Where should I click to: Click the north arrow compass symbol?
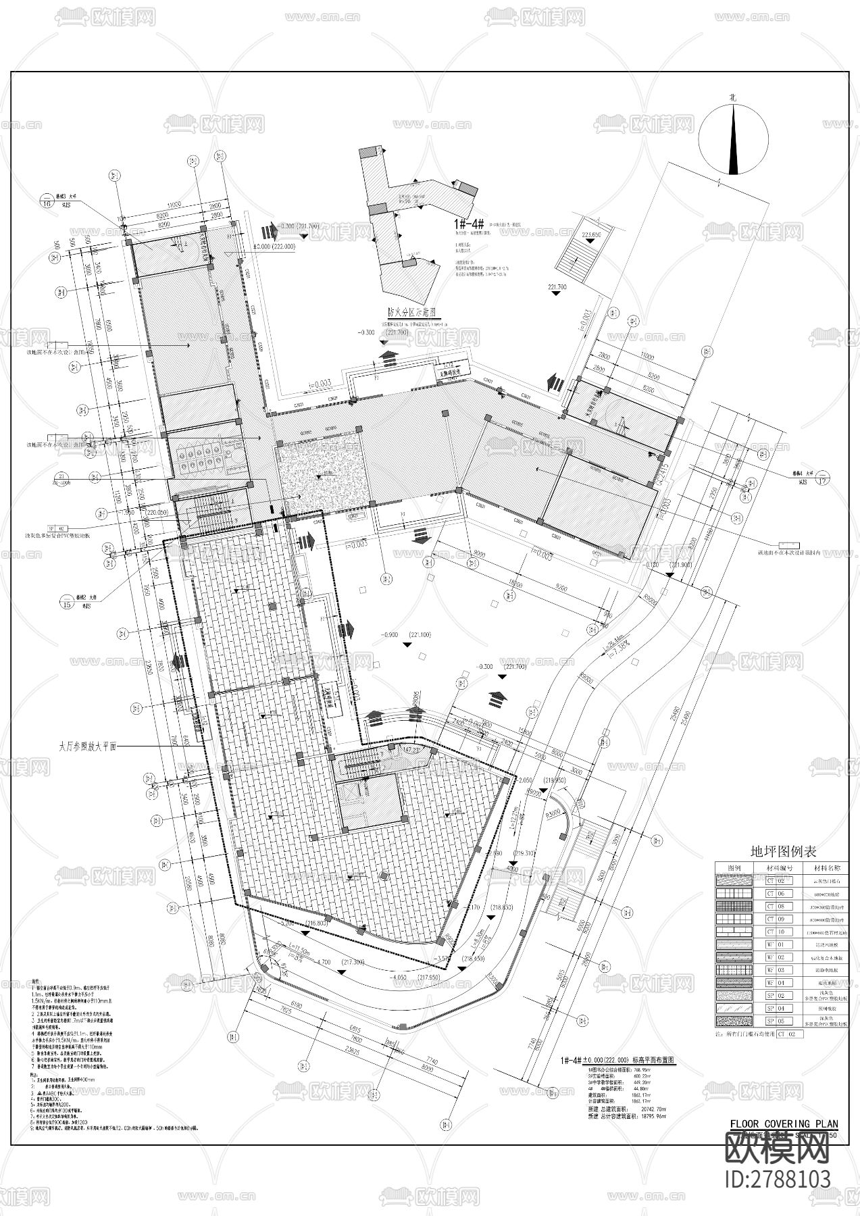pyautogui.click(x=734, y=142)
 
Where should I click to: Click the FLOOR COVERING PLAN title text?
pyautogui.click(x=784, y=1123)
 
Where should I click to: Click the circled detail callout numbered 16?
pyautogui.click(x=47, y=202)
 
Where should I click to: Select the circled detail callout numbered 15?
pyautogui.click(x=66, y=603)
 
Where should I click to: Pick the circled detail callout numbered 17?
pyautogui.click(x=822, y=480)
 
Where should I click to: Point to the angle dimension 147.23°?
pyautogui.click(x=412, y=750)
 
